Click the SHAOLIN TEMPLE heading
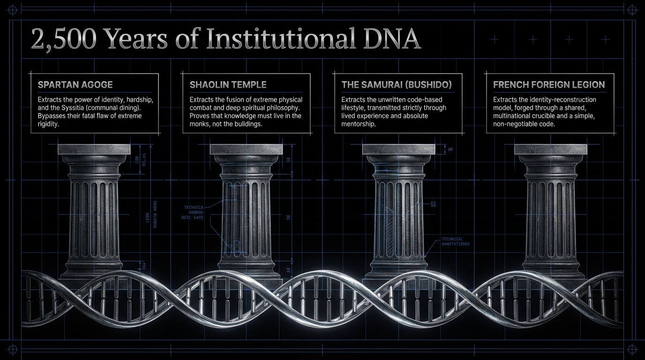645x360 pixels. pos(228,85)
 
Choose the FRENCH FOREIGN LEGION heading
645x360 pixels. pos(549,85)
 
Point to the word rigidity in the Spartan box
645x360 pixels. pos(48,123)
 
